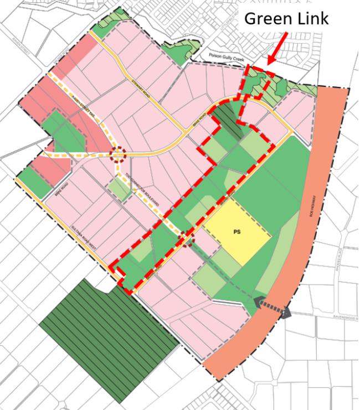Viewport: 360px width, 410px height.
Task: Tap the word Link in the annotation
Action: (312, 18)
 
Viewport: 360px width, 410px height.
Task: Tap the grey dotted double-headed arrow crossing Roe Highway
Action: (272, 307)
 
